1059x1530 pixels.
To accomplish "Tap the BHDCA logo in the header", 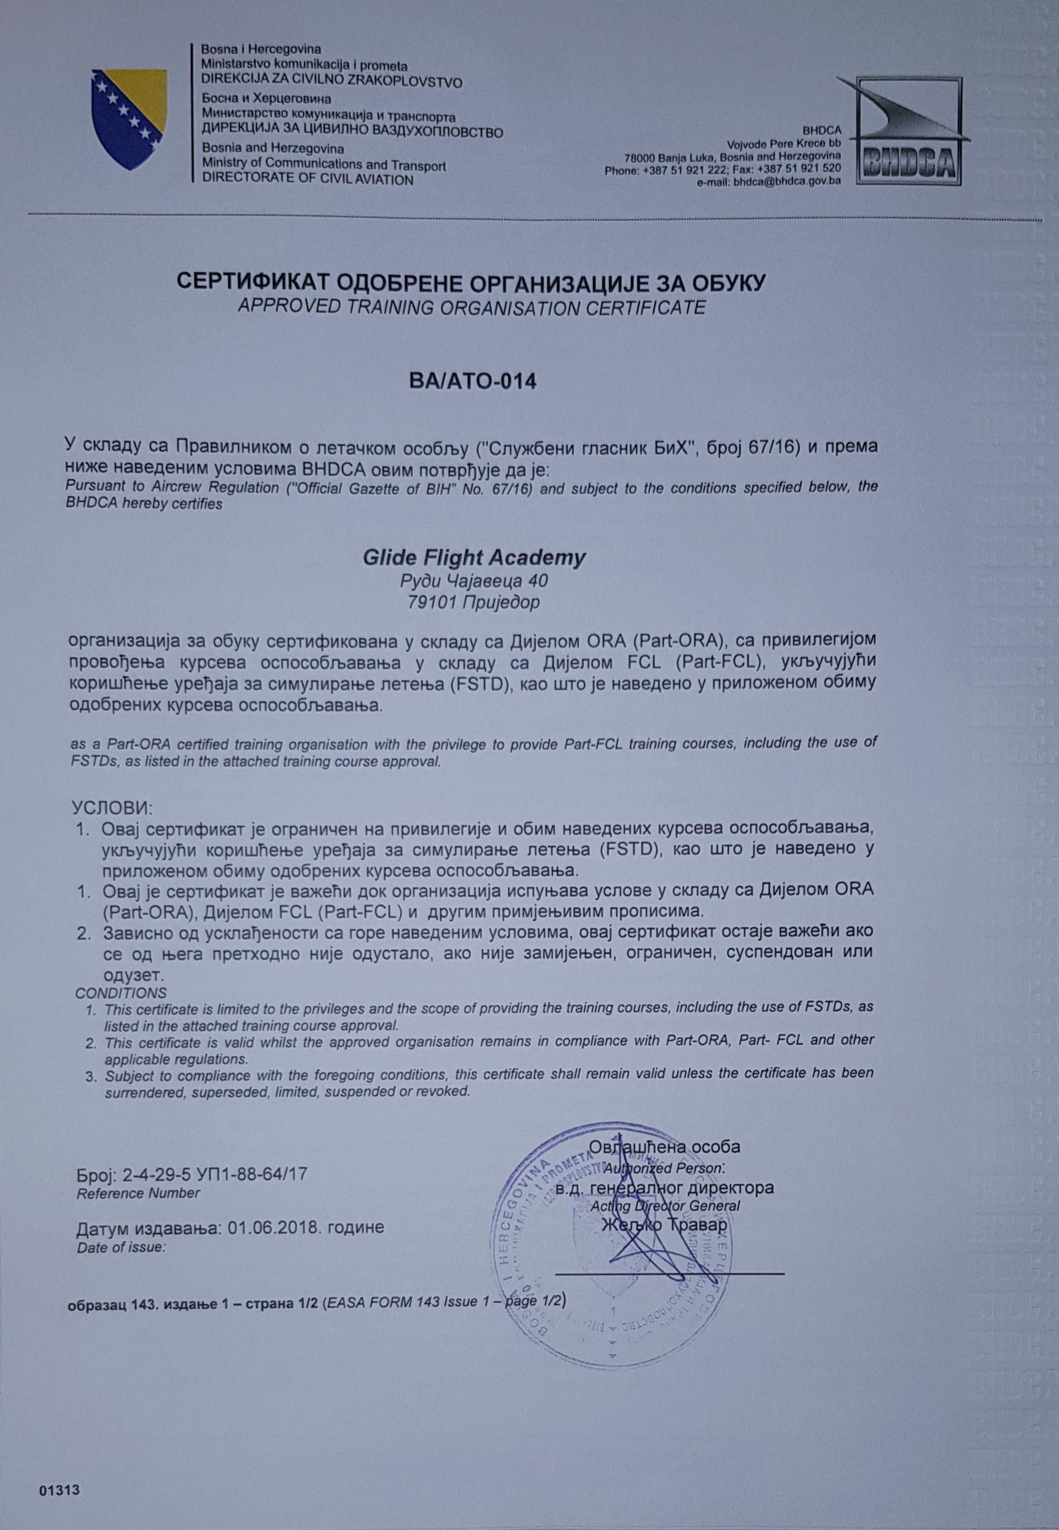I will click(x=907, y=130).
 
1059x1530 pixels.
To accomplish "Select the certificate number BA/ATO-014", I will click(x=473, y=382).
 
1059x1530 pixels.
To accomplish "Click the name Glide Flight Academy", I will click(x=474, y=557).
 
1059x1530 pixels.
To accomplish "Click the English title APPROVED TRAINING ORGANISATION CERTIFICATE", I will click(x=471, y=307).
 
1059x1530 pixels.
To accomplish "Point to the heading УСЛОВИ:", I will click(x=112, y=808).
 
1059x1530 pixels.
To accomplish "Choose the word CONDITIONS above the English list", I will click(x=121, y=993).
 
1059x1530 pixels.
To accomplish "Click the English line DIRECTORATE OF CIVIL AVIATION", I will click(x=307, y=179).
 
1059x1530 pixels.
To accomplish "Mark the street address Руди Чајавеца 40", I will click(x=474, y=581).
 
